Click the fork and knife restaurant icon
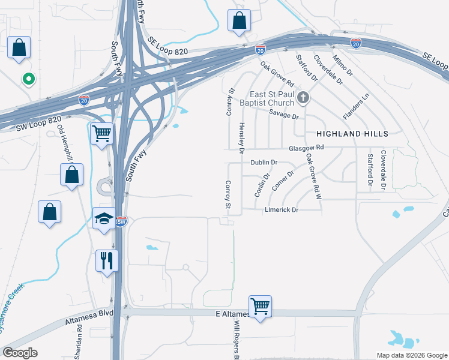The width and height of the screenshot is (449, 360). pos(107,260)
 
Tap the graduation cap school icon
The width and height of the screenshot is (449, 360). pos(104,218)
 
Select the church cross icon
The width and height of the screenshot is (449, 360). pos(304,97)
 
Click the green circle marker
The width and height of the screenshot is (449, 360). pos(27,79)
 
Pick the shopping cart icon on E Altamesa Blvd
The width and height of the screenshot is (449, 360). pos(260,306)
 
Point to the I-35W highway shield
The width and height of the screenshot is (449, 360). pos(121,221)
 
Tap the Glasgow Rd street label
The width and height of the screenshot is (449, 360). pos(306,148)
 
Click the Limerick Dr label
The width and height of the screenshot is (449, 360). pos(282,209)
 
